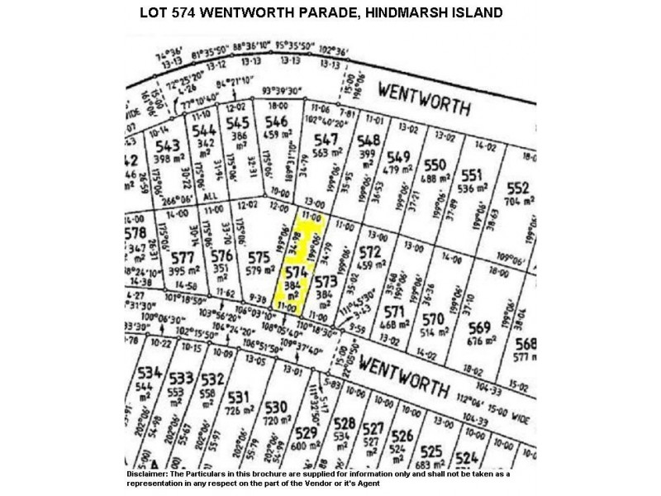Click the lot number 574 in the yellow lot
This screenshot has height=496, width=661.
tap(297, 270)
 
